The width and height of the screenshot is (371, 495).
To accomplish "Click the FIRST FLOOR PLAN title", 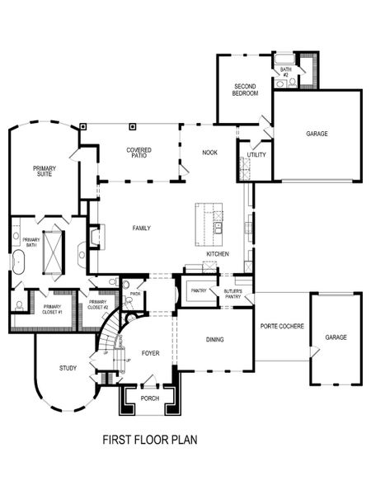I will point(149,441).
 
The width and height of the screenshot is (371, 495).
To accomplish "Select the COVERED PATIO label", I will point(139,153).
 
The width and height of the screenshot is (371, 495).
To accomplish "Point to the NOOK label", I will point(209,153).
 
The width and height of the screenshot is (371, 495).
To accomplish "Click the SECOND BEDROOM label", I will point(246,90).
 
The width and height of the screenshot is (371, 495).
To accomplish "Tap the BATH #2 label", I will point(285,73).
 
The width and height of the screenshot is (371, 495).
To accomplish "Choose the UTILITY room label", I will point(256,155).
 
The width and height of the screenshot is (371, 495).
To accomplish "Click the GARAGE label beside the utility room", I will point(317,134).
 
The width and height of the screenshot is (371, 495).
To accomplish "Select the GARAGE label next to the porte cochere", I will point(336,337).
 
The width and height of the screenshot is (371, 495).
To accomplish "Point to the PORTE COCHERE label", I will point(282,326).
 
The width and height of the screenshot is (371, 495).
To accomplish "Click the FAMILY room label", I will point(142,227).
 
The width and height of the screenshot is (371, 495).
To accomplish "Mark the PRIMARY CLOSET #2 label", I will point(98,304).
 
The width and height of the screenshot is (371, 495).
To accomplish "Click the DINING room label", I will point(214,339).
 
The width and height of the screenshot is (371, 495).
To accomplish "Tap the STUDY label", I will point(68,368).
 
